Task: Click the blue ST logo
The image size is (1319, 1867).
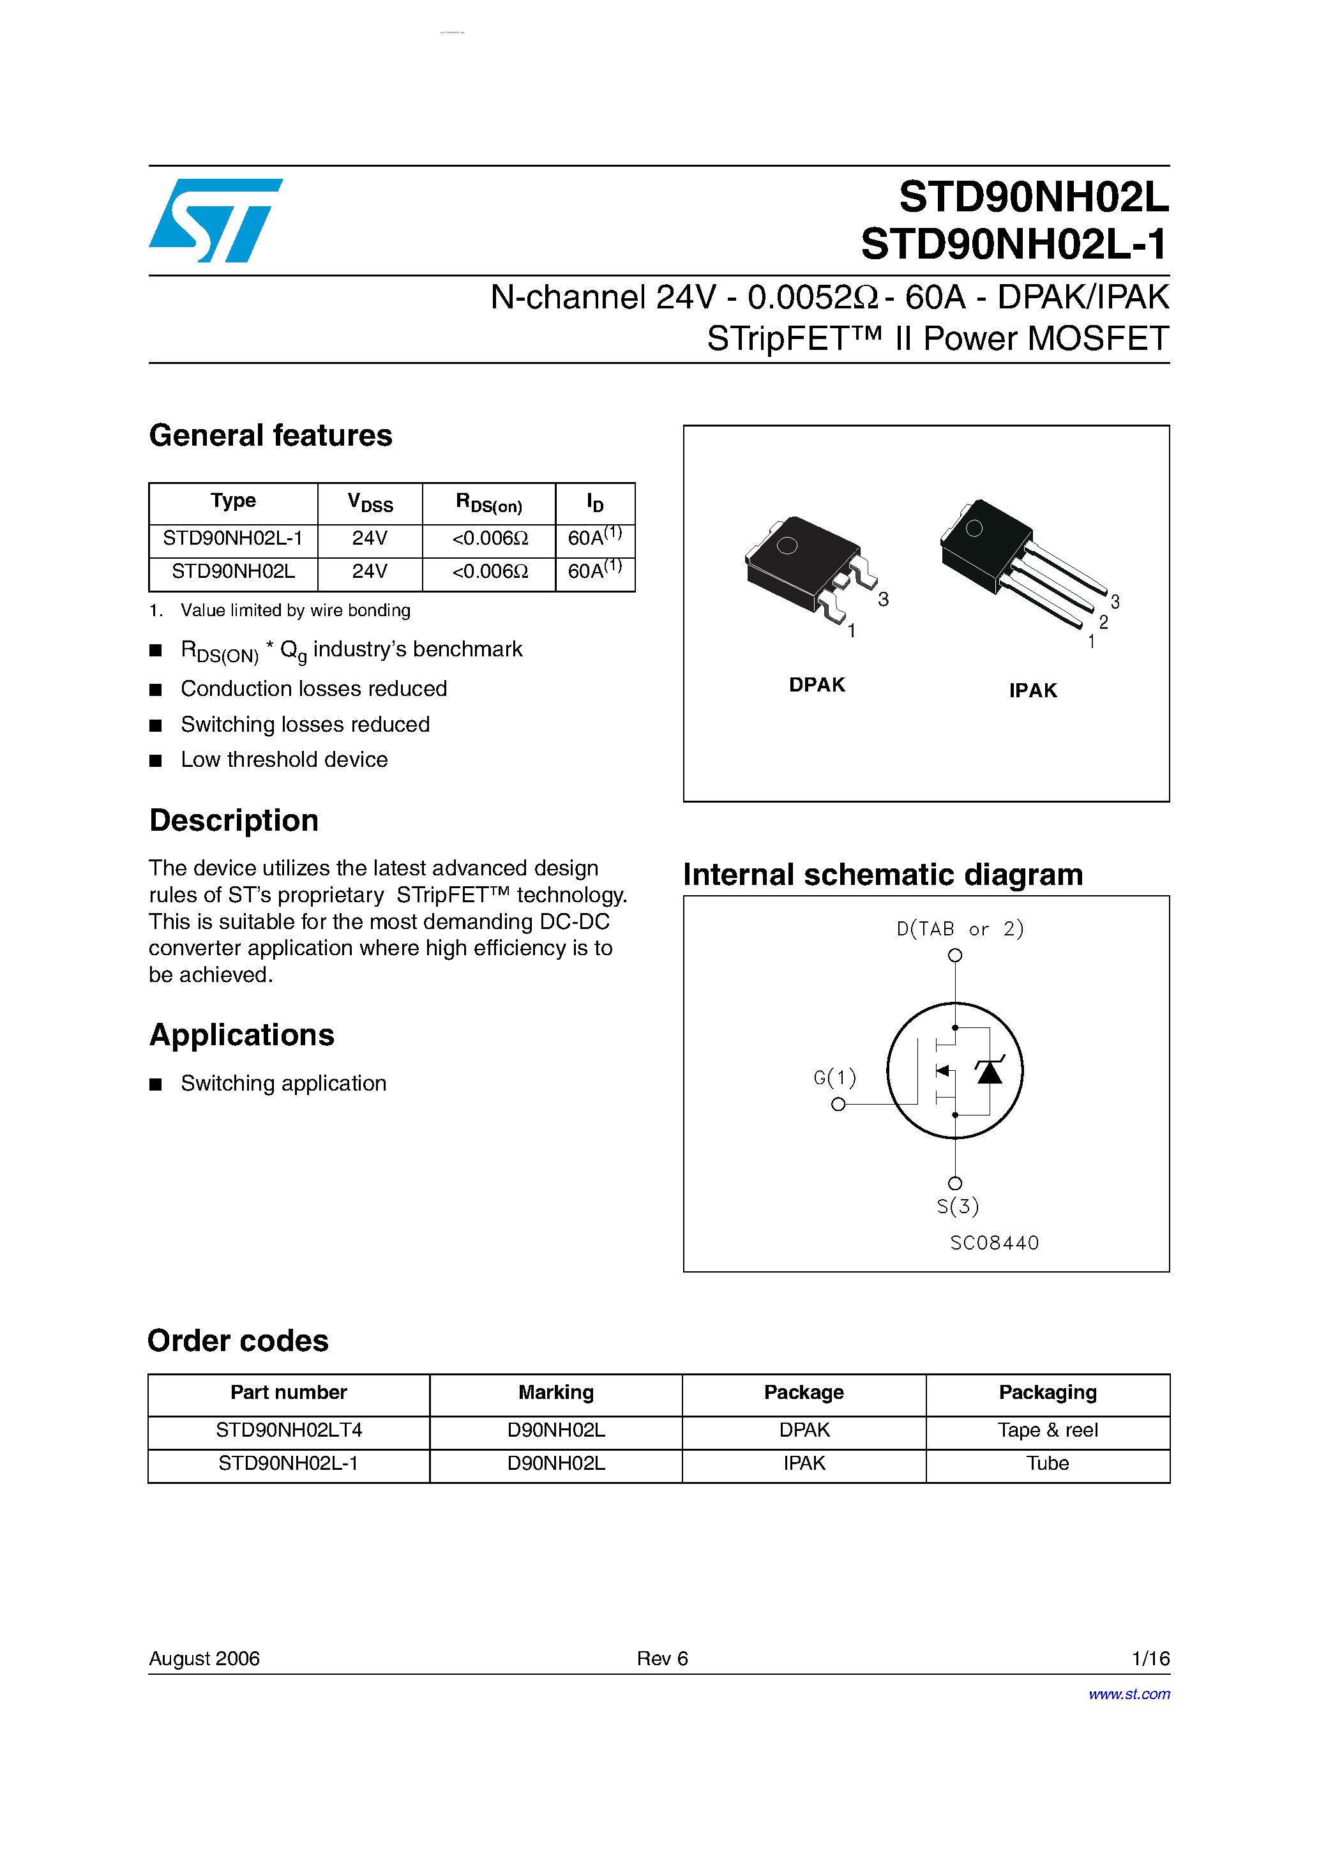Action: click(x=216, y=220)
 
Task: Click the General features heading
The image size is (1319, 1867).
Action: click(x=270, y=436)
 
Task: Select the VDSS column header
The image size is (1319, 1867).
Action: click(x=370, y=503)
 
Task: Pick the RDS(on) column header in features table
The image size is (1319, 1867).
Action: click(x=489, y=503)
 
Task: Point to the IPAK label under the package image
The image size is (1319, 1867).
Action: click(x=1033, y=690)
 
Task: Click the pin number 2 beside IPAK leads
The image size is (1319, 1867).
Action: click(x=1103, y=622)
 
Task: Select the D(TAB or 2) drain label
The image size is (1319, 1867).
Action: click(x=960, y=928)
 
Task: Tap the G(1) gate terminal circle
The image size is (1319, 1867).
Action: click(x=838, y=1104)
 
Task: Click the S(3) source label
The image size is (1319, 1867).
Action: click(x=957, y=1207)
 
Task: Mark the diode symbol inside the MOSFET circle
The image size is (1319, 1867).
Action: click(x=990, y=1071)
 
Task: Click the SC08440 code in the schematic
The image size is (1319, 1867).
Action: click(x=994, y=1243)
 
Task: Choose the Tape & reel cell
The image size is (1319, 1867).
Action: click(x=1048, y=1430)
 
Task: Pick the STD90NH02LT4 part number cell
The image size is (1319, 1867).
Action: click(x=289, y=1430)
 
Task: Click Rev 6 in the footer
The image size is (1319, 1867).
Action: click(x=662, y=1659)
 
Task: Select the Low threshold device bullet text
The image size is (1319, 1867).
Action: click(x=284, y=759)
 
